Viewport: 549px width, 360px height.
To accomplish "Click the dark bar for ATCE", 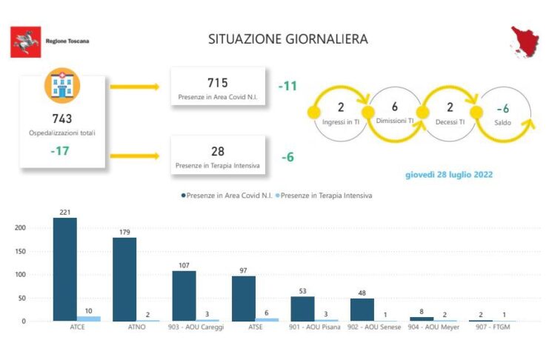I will (64, 270).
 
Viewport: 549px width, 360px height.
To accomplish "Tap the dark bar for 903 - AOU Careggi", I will (184, 296).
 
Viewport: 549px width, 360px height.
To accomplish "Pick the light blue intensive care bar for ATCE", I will (88, 319).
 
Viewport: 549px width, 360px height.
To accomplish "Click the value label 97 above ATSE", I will (243, 270).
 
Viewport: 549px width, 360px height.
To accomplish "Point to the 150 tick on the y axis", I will (19, 251).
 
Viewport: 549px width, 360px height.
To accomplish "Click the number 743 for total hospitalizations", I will (62, 119).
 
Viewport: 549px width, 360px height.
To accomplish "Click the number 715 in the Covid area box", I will (217, 82).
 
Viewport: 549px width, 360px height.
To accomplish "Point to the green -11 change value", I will (287, 86).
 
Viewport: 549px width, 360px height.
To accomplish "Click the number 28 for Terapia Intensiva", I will (218, 151).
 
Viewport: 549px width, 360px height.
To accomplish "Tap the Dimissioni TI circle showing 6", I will (394, 110).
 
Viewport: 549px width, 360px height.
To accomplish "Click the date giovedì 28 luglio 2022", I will (448, 175).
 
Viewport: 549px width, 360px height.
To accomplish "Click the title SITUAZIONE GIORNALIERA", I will (287, 39).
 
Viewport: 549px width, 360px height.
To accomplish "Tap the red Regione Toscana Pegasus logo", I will (27, 41).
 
